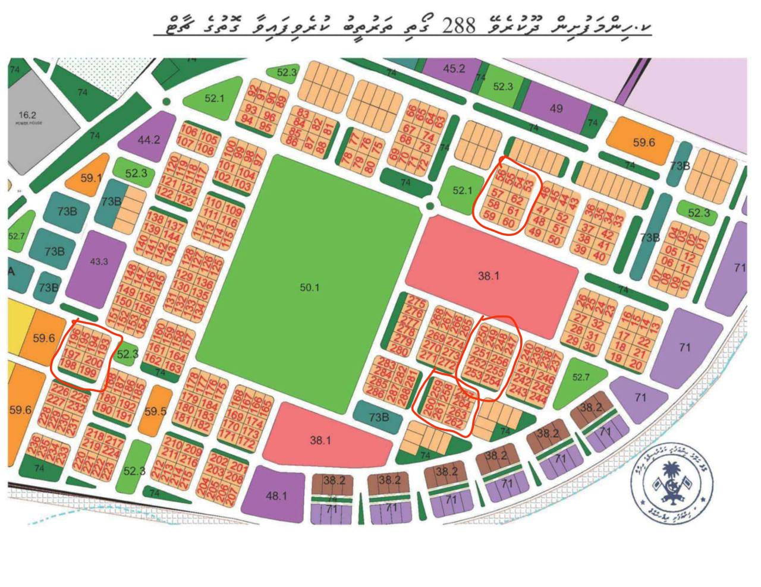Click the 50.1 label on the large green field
coord(309,288)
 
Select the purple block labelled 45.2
coord(453,69)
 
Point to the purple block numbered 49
coord(556,109)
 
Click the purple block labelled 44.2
coord(148,140)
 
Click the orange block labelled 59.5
coord(155,411)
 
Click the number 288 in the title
coord(459,25)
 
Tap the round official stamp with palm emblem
coord(672,481)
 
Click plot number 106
coord(188,131)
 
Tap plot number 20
coord(636,365)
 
